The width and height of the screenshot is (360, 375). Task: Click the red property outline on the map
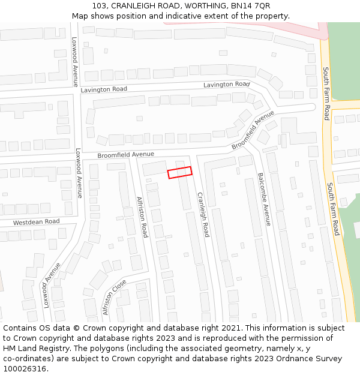coord(179,172)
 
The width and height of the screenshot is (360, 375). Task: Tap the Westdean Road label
coord(37,222)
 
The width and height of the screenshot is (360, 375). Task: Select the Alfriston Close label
coord(114,297)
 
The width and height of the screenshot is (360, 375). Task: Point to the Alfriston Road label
coord(142,217)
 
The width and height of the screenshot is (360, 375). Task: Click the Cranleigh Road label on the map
coord(203,214)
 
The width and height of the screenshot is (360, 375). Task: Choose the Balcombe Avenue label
coord(265,199)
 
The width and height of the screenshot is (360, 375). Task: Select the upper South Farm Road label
coord(326,93)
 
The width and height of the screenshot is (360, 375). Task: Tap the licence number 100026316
coord(25,369)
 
